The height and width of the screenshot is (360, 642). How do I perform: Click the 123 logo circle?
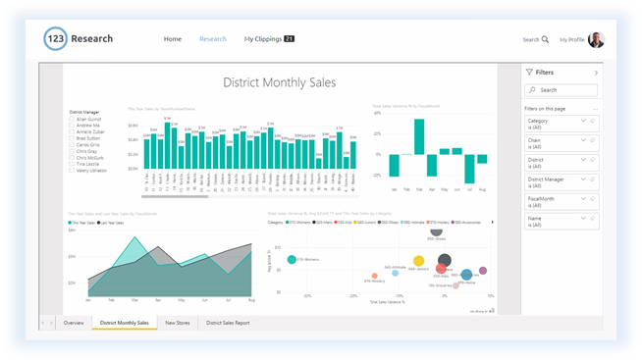[57, 39]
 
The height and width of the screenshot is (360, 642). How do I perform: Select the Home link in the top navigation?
[173, 39]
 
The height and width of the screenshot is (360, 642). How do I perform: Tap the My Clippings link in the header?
[262, 39]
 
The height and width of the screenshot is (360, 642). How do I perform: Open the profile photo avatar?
[597, 39]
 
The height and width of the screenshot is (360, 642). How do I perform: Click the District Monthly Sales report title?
[280, 81]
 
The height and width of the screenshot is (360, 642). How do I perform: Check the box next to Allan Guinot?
[73, 119]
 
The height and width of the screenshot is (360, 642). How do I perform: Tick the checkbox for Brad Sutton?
[73, 138]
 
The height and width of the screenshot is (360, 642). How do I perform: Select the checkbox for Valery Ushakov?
[73, 170]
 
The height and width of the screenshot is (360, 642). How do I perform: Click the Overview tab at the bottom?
[74, 322]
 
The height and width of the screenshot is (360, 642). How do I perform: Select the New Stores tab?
[177, 322]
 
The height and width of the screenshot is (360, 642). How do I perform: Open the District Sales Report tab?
[228, 322]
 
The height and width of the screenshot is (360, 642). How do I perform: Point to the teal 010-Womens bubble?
[292, 259]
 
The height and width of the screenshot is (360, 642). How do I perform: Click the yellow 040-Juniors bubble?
[419, 262]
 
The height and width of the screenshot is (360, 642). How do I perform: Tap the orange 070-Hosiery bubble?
[374, 277]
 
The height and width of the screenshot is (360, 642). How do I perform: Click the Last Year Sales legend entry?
[110, 223]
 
